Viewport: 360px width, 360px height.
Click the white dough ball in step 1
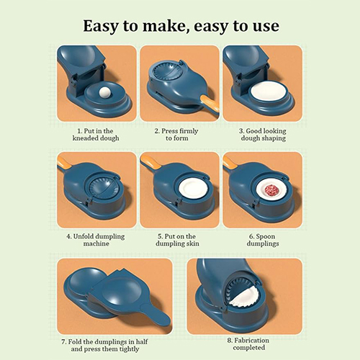(104, 92)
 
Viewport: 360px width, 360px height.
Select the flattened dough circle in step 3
(268, 92)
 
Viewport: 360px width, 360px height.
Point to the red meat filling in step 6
(271, 190)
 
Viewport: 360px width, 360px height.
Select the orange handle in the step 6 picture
(230, 162)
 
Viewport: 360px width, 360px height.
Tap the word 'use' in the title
(266, 27)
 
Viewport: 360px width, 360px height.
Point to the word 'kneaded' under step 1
(84, 138)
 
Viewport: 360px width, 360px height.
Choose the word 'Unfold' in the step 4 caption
(85, 236)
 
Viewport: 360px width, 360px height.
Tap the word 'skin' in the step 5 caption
(193, 243)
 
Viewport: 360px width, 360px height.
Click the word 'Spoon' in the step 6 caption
(265, 237)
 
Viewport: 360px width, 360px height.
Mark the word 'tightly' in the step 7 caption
(129, 349)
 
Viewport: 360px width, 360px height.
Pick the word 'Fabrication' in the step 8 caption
(251, 341)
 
